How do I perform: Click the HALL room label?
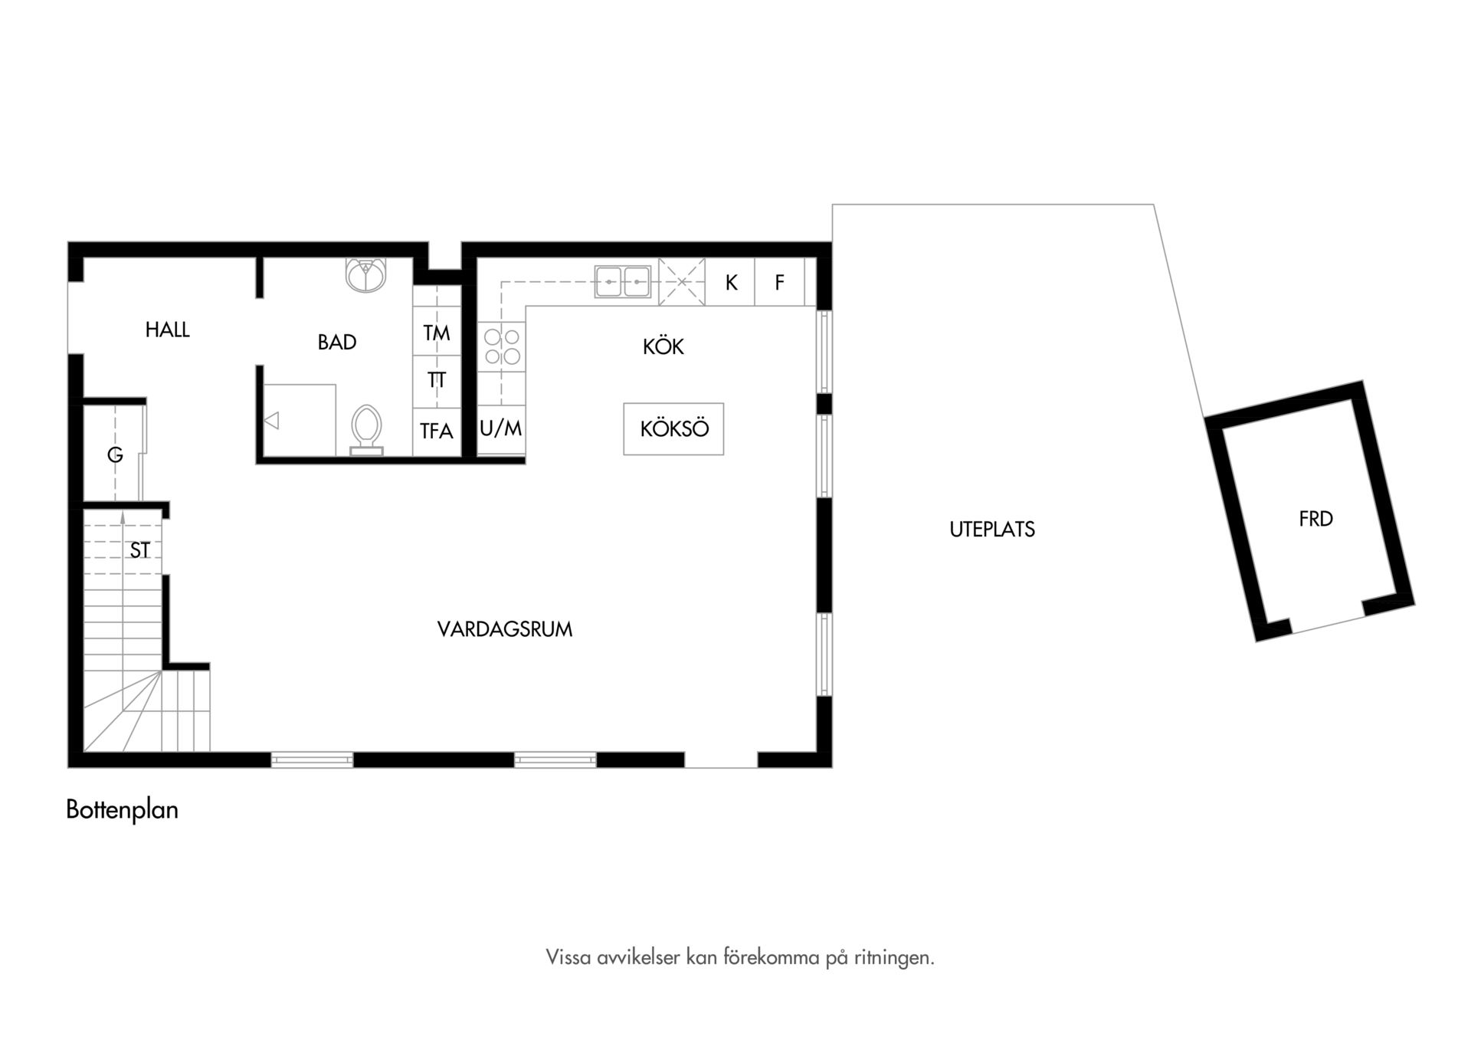(x=168, y=330)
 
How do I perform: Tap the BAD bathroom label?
(x=337, y=342)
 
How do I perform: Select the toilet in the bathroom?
(x=366, y=430)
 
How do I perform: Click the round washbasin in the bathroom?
(x=366, y=275)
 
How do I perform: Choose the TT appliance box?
(x=437, y=380)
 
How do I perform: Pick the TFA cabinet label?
(x=437, y=431)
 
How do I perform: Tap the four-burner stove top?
(x=502, y=346)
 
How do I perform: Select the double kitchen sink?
(x=623, y=281)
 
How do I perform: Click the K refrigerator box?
(x=730, y=282)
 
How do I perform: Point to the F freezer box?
(x=779, y=282)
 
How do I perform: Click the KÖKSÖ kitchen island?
(x=673, y=428)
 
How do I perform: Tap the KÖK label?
(x=663, y=346)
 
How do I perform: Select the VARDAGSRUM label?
(x=505, y=629)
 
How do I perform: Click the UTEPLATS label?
(x=992, y=530)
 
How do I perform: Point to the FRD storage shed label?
(x=1315, y=519)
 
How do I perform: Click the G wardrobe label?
(x=115, y=455)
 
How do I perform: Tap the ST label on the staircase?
(x=140, y=550)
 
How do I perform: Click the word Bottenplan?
(x=122, y=809)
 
